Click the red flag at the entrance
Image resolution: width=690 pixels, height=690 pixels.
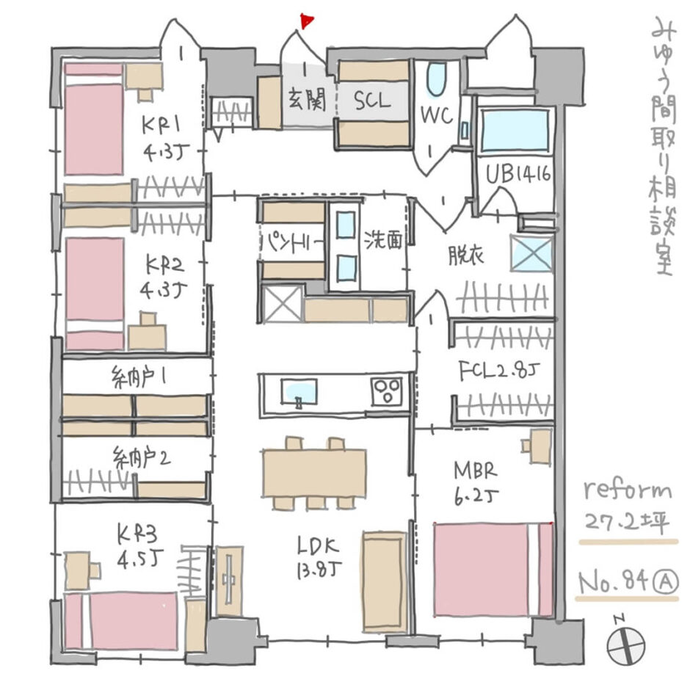[306, 21]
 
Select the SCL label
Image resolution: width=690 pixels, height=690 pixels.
[374, 101]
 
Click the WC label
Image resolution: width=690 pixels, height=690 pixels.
[435, 115]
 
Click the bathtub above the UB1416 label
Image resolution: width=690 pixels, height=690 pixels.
[515, 131]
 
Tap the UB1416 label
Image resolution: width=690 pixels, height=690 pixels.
[519, 175]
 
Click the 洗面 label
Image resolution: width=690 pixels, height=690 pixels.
[383, 241]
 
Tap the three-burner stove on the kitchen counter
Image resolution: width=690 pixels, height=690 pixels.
[386, 391]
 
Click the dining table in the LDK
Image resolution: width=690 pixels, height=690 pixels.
[314, 473]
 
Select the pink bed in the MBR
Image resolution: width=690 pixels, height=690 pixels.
[493, 570]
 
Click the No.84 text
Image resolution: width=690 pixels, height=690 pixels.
[613, 583]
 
